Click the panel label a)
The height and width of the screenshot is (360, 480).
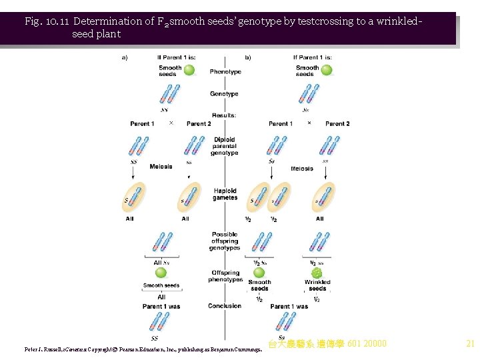pyautogui.click(x=125, y=57)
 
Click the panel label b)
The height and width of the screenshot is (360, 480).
pyautogui.click(x=248, y=57)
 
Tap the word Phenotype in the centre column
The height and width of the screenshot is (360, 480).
pyautogui.click(x=225, y=72)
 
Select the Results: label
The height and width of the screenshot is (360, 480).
pyautogui.click(x=225, y=115)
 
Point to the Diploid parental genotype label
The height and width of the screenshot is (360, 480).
pyautogui.click(x=225, y=147)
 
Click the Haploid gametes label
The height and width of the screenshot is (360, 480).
pyautogui.click(x=225, y=194)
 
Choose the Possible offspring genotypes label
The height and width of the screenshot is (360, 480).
pyautogui.click(x=225, y=241)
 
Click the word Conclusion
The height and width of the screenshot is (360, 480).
pyautogui.click(x=225, y=306)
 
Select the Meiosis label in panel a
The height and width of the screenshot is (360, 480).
pyautogui.click(x=161, y=167)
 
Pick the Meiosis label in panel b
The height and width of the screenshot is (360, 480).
pyautogui.click(x=302, y=169)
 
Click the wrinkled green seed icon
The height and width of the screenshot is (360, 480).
pyautogui.click(x=317, y=272)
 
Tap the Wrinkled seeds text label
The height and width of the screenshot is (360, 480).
pyautogui.click(x=317, y=285)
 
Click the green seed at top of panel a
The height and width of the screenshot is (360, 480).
pyautogui.click(x=189, y=69)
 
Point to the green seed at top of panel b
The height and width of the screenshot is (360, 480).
pyautogui.click(x=327, y=69)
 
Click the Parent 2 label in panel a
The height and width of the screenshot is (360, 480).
pyautogui.click(x=199, y=123)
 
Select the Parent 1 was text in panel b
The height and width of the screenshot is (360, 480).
pyautogui.click(x=289, y=307)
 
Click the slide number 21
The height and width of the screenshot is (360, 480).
pyautogui.click(x=470, y=344)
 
